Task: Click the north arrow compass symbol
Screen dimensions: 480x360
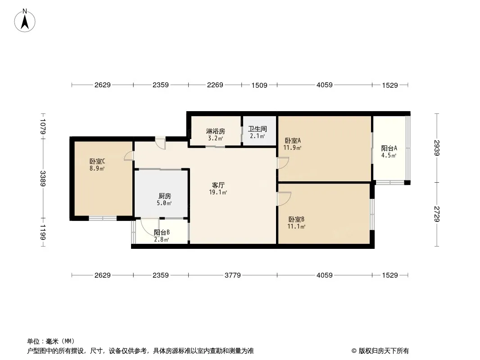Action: [x=25, y=21]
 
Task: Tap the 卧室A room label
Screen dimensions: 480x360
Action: [x=293, y=141]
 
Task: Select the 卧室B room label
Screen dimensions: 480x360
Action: [x=296, y=219]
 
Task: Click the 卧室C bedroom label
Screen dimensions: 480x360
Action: [x=97, y=161]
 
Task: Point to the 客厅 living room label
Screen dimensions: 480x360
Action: [x=218, y=185]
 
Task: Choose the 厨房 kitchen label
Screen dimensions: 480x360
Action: [x=165, y=196]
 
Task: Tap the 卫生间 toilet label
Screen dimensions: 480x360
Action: [x=257, y=129]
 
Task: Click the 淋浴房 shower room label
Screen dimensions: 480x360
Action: [x=216, y=131]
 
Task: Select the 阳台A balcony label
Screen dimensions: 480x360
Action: [x=389, y=148]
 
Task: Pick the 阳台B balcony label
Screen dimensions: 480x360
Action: [x=162, y=233]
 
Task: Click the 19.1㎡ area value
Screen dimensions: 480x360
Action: [x=218, y=193]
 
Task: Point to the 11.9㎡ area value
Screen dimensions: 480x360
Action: [x=292, y=148]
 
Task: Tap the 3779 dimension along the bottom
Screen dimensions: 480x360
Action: [x=233, y=275]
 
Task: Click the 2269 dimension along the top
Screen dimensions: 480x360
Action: [x=215, y=85]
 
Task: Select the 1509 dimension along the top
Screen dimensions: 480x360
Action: [x=259, y=85]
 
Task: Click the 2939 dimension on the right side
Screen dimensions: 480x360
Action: [x=437, y=148]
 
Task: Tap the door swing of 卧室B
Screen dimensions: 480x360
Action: [x=284, y=198]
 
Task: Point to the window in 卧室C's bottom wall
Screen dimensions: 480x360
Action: [x=103, y=218]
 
